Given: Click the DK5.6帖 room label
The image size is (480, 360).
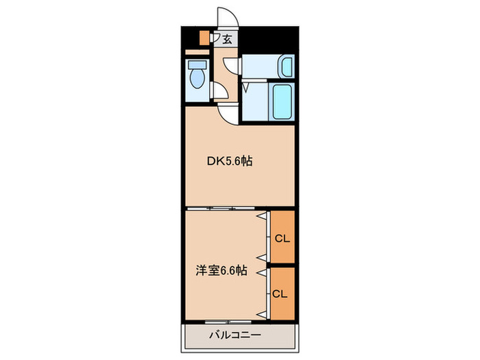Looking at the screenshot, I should [x=230, y=162].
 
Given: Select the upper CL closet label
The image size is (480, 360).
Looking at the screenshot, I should [x=282, y=239].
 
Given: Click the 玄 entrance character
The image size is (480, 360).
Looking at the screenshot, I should [x=227, y=38].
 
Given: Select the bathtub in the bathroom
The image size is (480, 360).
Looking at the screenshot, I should [x=283, y=101].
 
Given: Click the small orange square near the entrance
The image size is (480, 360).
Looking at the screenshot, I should [x=204, y=38].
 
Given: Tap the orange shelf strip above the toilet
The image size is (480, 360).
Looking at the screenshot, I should [x=196, y=51].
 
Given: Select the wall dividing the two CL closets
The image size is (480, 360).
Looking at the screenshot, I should [x=282, y=265].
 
